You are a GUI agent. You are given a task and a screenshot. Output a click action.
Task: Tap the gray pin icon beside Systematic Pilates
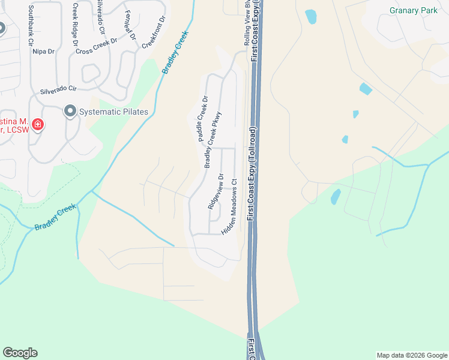[x=70, y=111]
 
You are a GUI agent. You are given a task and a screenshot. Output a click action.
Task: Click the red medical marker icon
[x=37, y=124]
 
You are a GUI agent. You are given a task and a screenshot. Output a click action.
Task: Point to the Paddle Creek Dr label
[x=202, y=119]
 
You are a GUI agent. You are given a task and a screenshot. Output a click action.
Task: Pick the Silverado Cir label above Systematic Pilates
[x=59, y=91]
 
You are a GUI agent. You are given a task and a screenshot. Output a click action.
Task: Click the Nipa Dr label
[x=43, y=52]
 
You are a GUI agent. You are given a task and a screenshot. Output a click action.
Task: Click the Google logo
[x=20, y=353]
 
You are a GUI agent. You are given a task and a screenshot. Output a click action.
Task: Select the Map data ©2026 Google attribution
[x=411, y=355]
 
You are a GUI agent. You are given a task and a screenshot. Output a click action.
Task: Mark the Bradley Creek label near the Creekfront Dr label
[x=175, y=53]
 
